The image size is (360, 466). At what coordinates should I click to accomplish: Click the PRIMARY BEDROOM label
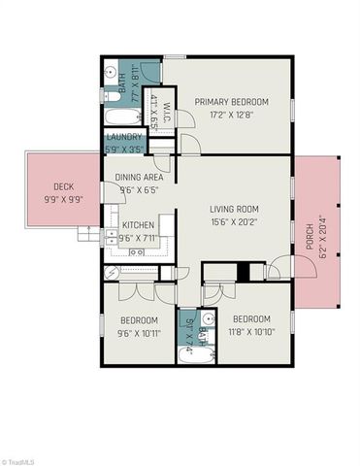pos(231,101)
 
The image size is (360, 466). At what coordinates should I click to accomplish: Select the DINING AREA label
pos(139,178)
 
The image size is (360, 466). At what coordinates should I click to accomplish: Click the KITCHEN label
pos(138,225)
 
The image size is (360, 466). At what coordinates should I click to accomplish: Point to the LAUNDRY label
pos(125,137)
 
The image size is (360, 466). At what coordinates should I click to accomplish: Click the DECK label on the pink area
pos(64,187)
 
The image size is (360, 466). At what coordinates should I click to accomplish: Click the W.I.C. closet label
pos(166,104)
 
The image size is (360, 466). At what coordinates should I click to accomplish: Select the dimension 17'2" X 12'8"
pos(231,114)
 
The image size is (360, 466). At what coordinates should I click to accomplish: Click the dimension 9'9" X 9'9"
pos(64,200)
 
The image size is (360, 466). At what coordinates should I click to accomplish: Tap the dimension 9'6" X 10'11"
pos(138,332)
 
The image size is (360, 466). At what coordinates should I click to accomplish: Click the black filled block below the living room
pos(257,273)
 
